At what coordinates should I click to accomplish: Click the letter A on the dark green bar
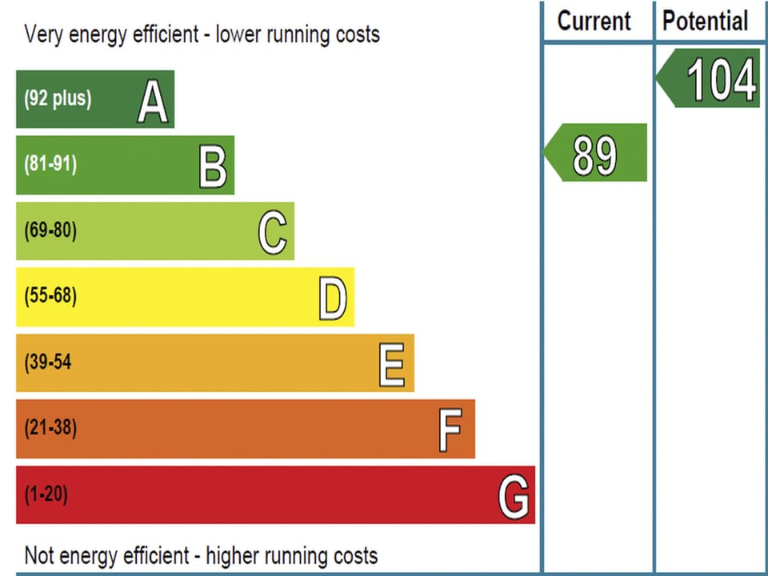pos(153,102)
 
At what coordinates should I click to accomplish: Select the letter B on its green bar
pos(213,167)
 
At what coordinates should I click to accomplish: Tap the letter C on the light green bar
pos(273,233)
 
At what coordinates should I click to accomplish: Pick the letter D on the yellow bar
pos(333,299)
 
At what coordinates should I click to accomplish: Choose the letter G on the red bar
pos(514,497)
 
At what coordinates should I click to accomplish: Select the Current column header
pos(594,21)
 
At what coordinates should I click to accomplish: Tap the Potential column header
pos(706,21)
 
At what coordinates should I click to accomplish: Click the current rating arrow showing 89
pos(596,153)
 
